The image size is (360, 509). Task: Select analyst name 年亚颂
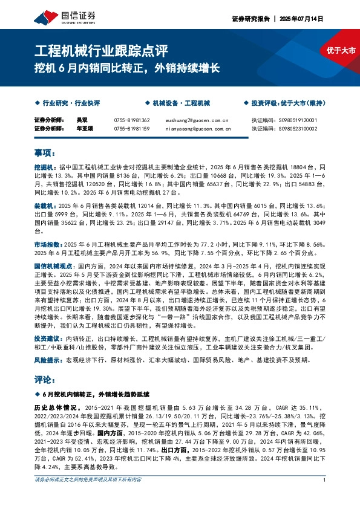coord(84,128)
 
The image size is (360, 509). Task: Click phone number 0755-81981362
coord(131,120)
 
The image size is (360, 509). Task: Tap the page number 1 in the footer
coord(325,497)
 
